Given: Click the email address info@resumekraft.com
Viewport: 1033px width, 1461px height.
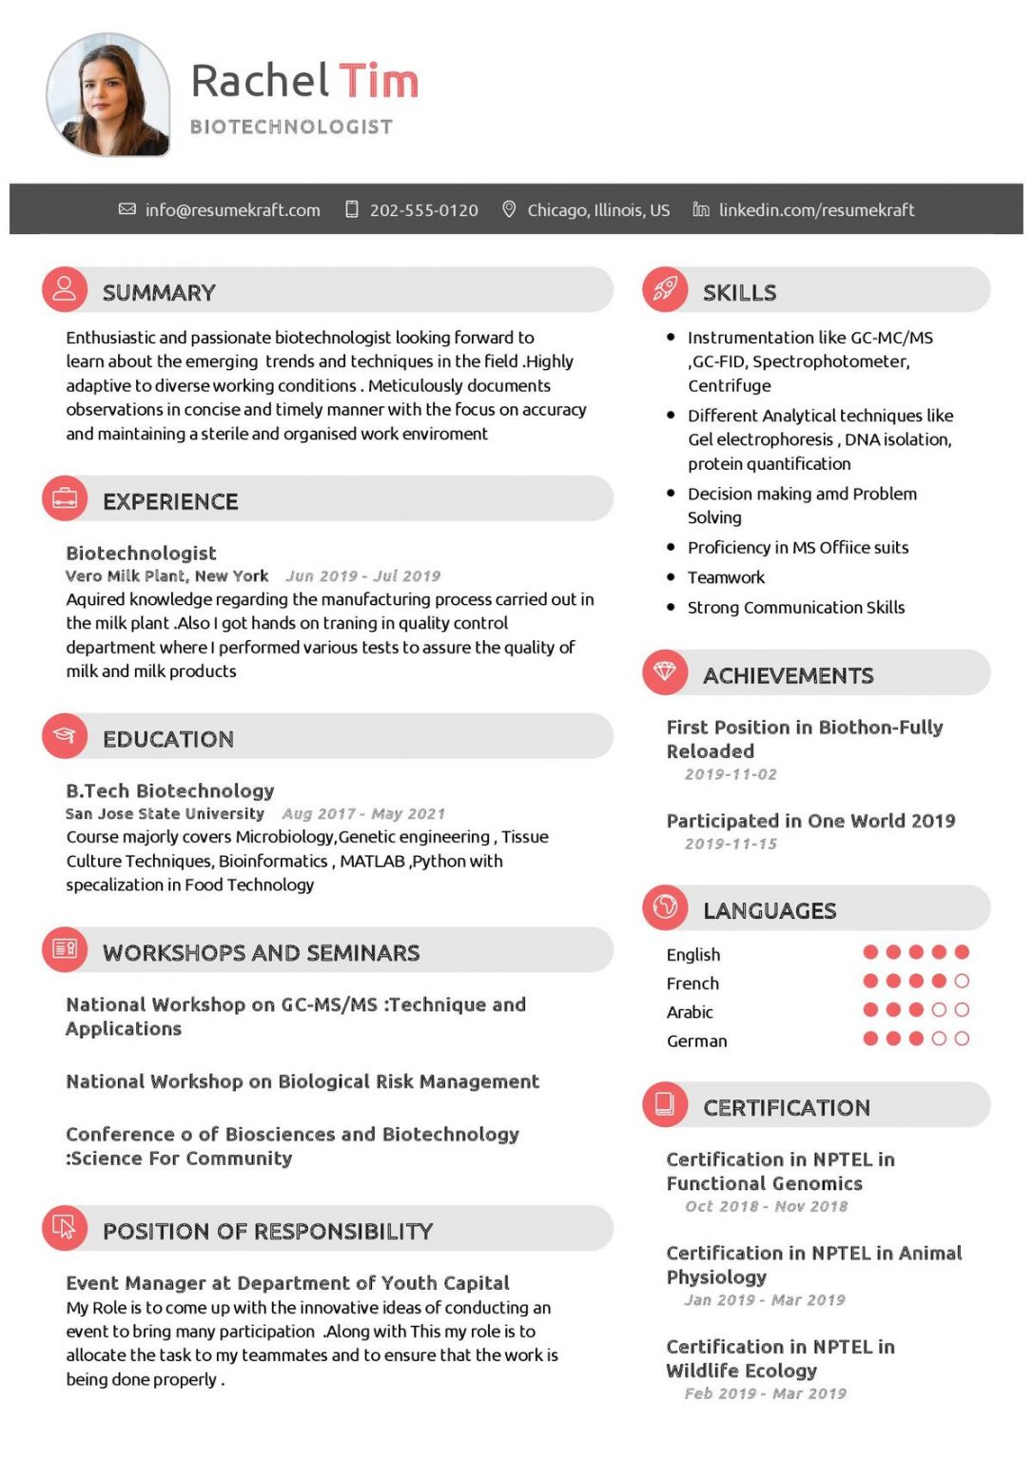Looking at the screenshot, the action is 232,210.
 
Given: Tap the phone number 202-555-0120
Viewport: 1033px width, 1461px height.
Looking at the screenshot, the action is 423,210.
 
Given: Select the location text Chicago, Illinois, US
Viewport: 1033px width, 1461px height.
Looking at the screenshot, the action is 598,210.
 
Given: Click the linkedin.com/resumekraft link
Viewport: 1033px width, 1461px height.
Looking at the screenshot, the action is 816,210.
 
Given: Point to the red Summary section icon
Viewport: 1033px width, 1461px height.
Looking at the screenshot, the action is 65,289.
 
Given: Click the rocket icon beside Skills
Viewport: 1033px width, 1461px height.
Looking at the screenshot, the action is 665,289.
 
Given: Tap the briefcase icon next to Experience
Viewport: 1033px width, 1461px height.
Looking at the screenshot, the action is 65,498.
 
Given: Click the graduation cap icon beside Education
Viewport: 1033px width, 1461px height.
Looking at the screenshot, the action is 65,736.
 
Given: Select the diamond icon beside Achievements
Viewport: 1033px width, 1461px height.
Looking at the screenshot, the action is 665,672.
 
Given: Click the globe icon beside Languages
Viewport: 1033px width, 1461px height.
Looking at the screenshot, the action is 665,907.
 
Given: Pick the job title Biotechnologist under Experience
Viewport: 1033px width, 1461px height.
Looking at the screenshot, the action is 141,554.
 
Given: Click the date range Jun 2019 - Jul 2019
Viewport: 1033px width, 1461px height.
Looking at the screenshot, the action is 363,576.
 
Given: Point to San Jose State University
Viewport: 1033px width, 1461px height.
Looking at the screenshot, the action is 165,814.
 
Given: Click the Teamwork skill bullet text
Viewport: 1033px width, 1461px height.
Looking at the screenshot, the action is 726,577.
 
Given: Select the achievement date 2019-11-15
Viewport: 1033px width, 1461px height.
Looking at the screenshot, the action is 731,845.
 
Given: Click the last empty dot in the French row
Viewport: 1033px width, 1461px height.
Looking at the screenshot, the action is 962,981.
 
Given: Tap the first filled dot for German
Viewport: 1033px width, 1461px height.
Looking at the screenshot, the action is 870,1039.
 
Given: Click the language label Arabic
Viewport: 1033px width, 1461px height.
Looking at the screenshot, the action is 690,1012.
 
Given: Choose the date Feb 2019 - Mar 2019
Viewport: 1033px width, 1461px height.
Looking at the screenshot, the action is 766,1394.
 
